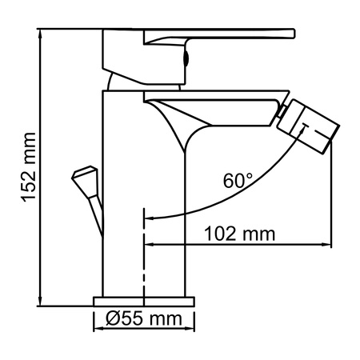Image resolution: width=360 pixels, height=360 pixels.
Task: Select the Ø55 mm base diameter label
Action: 145,320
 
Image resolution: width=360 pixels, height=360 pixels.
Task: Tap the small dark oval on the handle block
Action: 187,58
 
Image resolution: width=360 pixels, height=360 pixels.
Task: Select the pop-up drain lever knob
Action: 85,177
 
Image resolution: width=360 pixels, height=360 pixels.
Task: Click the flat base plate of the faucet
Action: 145,301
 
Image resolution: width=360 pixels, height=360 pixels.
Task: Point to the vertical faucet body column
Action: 124,200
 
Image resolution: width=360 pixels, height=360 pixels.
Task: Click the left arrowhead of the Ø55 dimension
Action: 98,320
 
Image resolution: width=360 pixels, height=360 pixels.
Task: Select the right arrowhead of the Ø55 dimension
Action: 192,320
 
